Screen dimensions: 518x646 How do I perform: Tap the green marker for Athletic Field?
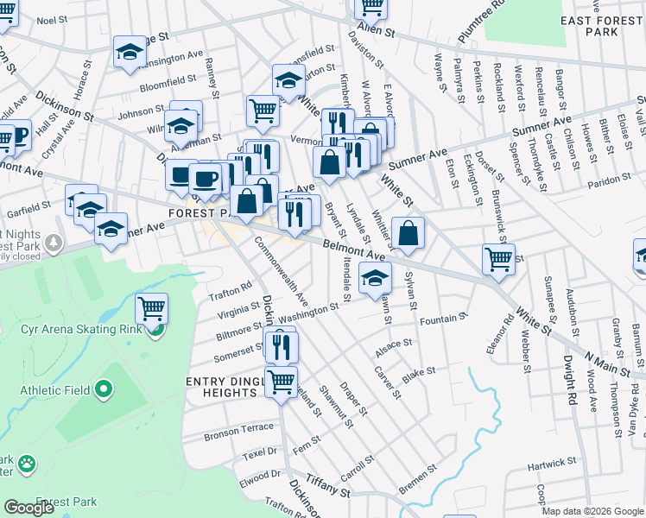pos(104,392)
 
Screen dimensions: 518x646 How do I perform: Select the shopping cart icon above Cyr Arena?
pos(152,307)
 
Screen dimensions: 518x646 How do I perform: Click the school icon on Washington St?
pos(375,278)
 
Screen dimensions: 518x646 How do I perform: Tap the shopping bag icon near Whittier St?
pos(408,233)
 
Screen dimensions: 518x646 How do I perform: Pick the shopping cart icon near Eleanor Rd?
pos(499,258)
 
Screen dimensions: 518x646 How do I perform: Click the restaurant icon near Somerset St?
pos(282,346)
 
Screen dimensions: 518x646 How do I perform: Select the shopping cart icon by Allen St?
pos(371,7)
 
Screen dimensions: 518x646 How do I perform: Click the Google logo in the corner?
pos(28,508)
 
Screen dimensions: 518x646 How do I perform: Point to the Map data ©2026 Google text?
pos(592,511)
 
